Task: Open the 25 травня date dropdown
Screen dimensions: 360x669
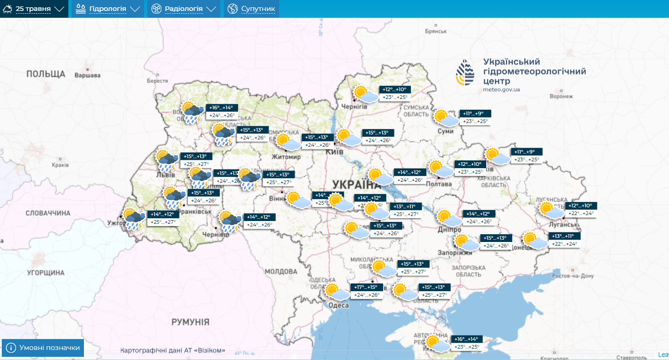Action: (x=34, y=9)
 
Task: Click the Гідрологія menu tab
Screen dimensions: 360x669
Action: (x=108, y=9)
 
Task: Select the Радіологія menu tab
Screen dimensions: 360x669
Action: (x=183, y=9)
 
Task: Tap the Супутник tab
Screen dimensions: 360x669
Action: (x=251, y=9)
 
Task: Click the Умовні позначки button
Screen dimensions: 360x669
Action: (x=43, y=348)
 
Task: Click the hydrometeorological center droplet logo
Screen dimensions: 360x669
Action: (x=466, y=72)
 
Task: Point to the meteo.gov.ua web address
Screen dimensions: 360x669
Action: (x=501, y=89)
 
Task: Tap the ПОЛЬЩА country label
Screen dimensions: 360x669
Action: (x=46, y=74)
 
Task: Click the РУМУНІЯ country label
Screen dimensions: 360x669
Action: (x=190, y=322)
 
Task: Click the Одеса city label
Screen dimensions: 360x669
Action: (x=338, y=305)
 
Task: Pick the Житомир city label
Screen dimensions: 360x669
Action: (x=286, y=157)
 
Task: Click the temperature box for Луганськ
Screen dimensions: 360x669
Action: (x=581, y=210)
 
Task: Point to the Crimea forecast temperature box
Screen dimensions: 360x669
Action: (x=467, y=343)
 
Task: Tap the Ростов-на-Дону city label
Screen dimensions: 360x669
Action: (x=573, y=276)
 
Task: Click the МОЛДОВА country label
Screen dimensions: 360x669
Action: (x=281, y=272)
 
